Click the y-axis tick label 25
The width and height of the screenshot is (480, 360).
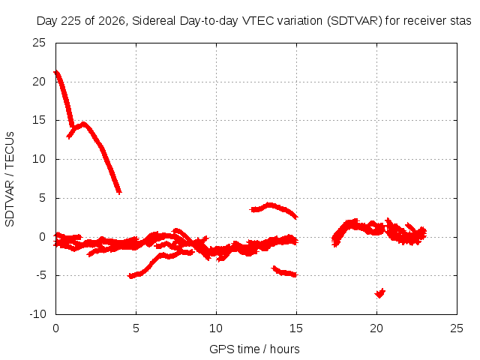[x=39, y=43]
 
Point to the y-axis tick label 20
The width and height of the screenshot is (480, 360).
[x=39, y=82]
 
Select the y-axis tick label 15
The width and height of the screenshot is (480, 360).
[x=39, y=120]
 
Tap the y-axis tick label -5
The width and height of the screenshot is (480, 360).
[x=41, y=275]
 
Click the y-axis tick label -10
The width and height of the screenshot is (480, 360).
[x=38, y=314]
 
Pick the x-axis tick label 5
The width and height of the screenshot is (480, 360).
[x=136, y=328]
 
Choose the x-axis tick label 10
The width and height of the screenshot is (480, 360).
[x=216, y=328]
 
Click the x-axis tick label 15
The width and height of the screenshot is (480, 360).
[x=296, y=328]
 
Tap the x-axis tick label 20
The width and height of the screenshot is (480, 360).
[x=376, y=328]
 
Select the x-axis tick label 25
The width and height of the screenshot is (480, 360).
[x=457, y=328]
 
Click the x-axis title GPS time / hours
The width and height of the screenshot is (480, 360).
[x=254, y=349]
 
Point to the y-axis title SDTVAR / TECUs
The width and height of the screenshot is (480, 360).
[x=10, y=179]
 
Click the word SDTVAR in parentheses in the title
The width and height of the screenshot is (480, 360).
[x=355, y=21]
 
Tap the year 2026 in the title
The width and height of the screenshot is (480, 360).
[x=112, y=21]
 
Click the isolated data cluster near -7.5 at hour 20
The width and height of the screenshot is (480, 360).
[x=380, y=293]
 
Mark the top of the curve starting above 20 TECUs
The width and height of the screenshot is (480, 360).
[x=55, y=73]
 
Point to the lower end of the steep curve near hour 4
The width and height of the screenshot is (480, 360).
[x=119, y=192]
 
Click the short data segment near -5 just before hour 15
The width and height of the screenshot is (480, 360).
[x=284, y=271]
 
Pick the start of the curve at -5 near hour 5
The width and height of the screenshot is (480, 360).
[x=130, y=276]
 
